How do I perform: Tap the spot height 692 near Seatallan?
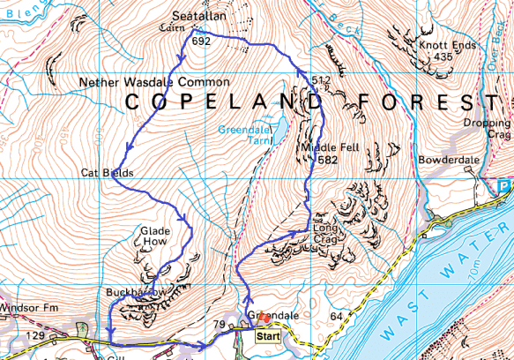[x=201, y=41]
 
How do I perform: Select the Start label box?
[x=269, y=336]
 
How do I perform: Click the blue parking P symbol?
[x=503, y=186]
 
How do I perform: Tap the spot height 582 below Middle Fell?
[x=327, y=160]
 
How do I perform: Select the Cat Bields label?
[x=107, y=173]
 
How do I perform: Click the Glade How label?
[x=155, y=236]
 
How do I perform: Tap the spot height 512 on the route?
[x=320, y=80]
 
